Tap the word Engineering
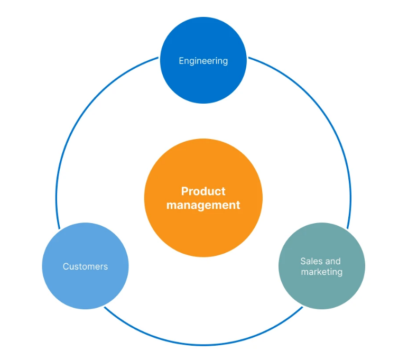point(203,61)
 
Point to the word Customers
point(85,266)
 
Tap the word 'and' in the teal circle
point(332,261)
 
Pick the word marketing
point(321,272)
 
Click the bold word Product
point(203,191)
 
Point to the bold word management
point(203,205)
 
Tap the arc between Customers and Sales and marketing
point(203,345)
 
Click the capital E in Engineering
point(181,61)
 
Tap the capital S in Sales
point(303,261)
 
